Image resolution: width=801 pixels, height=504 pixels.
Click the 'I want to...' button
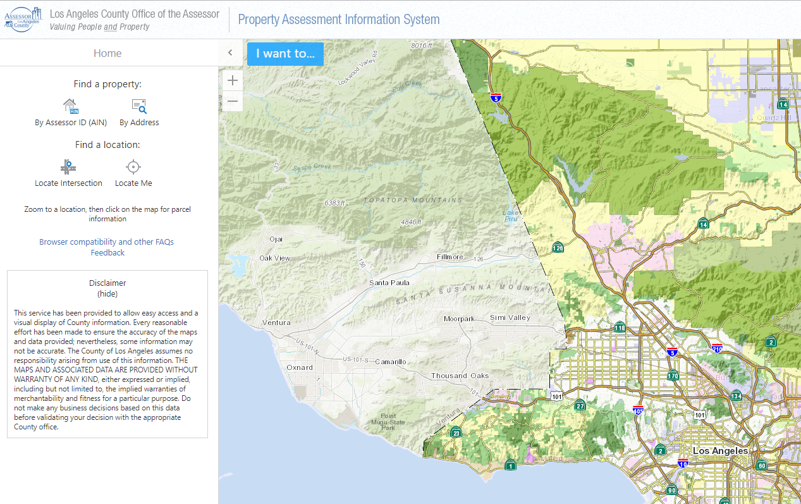(x=285, y=54)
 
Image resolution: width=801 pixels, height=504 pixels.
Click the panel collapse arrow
(x=230, y=53)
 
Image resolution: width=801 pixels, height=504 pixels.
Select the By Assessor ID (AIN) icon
(x=70, y=106)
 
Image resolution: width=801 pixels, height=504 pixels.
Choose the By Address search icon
(x=139, y=106)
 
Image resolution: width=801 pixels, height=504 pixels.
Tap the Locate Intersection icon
(x=68, y=167)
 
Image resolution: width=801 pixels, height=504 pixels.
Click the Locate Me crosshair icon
(x=133, y=167)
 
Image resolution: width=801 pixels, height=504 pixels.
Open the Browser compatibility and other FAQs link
(x=106, y=242)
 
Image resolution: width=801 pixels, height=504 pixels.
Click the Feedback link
(x=107, y=253)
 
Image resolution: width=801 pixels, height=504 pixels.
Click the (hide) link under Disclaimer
(x=107, y=294)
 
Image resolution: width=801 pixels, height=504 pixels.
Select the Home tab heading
(x=107, y=54)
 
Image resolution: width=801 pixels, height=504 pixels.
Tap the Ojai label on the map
(x=276, y=239)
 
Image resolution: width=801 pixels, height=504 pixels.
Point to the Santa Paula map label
(x=389, y=283)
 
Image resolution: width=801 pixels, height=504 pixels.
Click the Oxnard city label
(x=300, y=367)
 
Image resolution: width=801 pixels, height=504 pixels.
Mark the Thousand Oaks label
(x=460, y=376)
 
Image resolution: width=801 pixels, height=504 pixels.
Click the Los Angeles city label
(x=720, y=451)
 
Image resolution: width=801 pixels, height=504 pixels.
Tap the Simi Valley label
(x=510, y=317)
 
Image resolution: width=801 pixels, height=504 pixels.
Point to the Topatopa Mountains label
(x=413, y=200)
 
